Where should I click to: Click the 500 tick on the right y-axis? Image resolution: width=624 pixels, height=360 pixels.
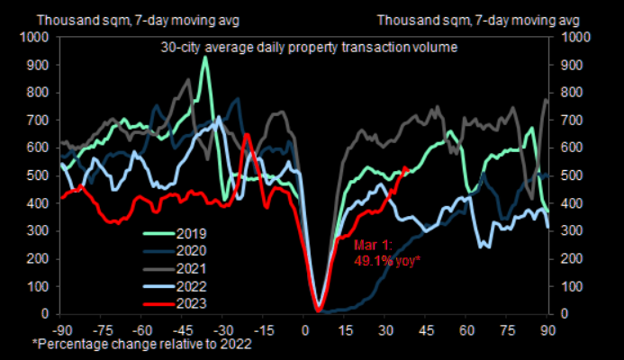[571, 175]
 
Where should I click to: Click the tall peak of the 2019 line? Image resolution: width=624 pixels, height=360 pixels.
[206, 58]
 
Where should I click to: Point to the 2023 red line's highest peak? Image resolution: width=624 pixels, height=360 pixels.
[246, 135]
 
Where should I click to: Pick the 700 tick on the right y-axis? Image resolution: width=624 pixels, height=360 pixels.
[571, 120]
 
